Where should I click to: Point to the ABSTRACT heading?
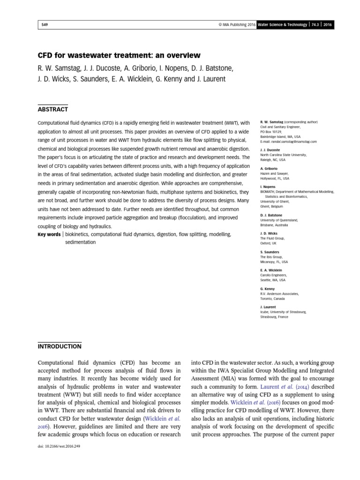point(52,110)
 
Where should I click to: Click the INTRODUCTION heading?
point(59,346)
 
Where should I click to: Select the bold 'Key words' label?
point(49,234)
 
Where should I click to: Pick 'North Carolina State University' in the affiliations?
point(283,155)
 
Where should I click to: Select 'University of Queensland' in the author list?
point(279,219)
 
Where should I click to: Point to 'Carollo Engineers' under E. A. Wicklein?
point(274,275)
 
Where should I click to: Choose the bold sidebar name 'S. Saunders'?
point(270,252)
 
